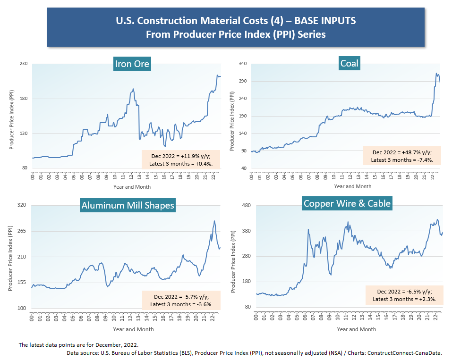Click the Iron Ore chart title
point(132,64)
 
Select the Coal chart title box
point(349,63)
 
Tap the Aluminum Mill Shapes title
point(128,205)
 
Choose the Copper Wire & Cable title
point(347,203)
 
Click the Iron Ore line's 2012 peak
point(133,89)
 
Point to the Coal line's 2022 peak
point(437,73)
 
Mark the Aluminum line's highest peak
point(214,221)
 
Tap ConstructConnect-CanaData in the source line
point(404,352)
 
